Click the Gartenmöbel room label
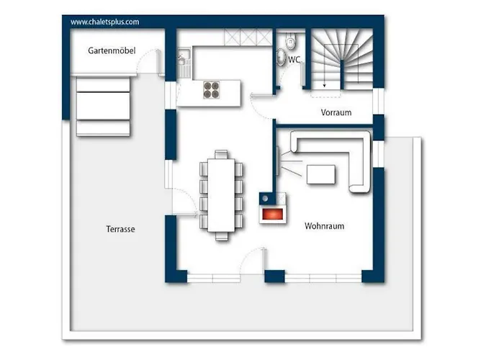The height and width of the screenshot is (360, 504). pyautogui.click(x=112, y=51)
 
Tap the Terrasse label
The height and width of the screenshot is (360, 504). pyautogui.click(x=120, y=229)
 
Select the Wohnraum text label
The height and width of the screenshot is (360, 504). pyautogui.click(x=324, y=226)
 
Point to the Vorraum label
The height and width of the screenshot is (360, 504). pyautogui.click(x=336, y=112)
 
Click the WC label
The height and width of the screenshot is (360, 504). pyautogui.click(x=294, y=60)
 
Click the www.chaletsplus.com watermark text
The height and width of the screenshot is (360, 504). pyautogui.click(x=105, y=22)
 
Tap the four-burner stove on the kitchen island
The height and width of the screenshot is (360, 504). pyautogui.click(x=212, y=90)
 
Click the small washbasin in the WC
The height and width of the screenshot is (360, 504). pyautogui.click(x=281, y=57)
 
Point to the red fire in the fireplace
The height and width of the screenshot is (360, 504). pyautogui.click(x=273, y=214)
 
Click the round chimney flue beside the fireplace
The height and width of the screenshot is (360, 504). pyautogui.click(x=265, y=199)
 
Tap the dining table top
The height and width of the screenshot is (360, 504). pyautogui.click(x=221, y=195)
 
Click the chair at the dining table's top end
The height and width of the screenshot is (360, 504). pyautogui.click(x=221, y=154)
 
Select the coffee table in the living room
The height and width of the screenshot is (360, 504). pyautogui.click(x=321, y=174)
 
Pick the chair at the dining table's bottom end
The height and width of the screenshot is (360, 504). pyautogui.click(x=222, y=236)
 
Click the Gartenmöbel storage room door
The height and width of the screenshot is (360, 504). pyautogui.click(x=159, y=63)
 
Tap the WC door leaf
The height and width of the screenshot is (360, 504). pyautogui.click(x=302, y=74)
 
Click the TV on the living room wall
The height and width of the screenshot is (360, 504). pyautogui.click(x=277, y=161)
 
